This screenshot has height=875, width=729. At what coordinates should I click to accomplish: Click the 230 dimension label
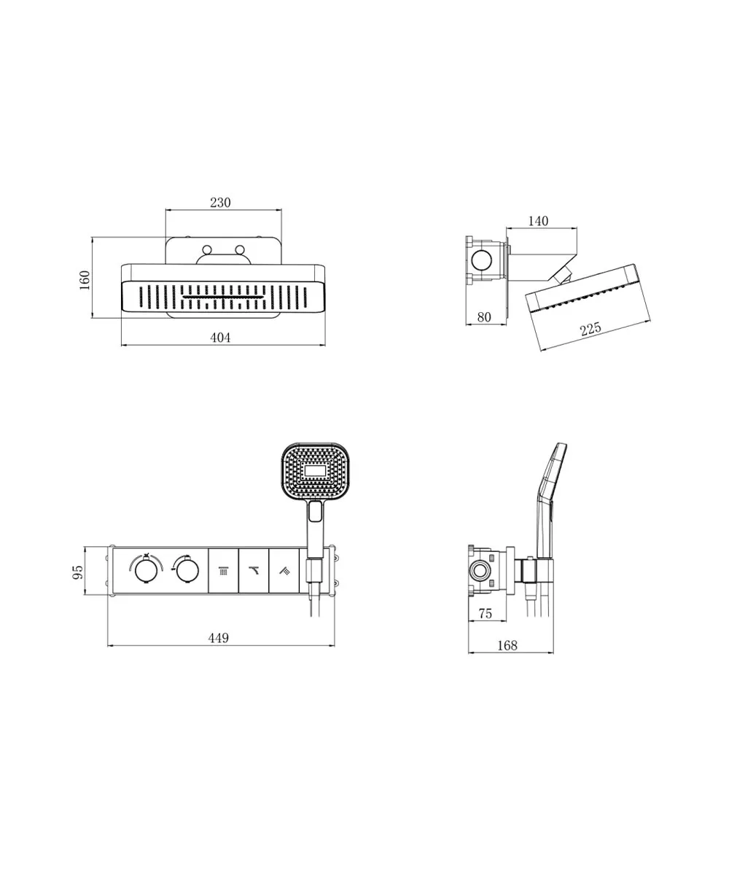(x=220, y=203)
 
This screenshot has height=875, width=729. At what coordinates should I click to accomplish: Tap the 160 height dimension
(x=85, y=280)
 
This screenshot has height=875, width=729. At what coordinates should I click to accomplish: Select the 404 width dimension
(x=220, y=338)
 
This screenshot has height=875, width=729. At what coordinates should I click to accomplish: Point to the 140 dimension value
(x=538, y=221)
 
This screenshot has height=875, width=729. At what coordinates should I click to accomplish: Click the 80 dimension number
(x=484, y=317)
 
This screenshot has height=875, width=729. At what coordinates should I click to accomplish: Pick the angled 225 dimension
(x=590, y=329)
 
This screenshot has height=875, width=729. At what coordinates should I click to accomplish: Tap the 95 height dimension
(x=78, y=572)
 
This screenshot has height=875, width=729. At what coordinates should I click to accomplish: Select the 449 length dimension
(x=219, y=638)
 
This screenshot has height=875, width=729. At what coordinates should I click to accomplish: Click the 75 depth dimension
(x=485, y=614)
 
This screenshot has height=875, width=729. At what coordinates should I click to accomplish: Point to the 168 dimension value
(x=507, y=646)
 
